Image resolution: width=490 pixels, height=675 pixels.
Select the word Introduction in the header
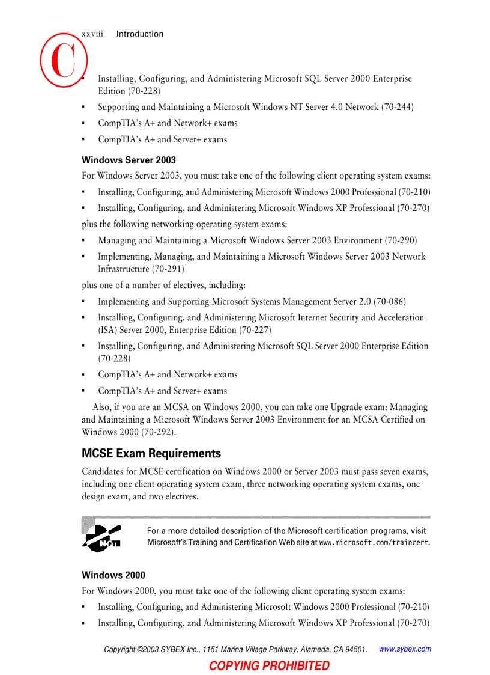tap(139, 34)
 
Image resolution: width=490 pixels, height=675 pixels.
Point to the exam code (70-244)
tap(397, 107)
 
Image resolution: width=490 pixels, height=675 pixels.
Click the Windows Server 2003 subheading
tap(129, 160)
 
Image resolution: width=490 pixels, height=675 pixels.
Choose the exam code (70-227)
tap(255, 330)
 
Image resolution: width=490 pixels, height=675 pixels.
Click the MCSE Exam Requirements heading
tap(151, 453)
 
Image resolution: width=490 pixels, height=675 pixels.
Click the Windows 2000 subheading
tap(113, 575)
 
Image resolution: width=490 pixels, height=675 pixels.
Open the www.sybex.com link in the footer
tap(405, 649)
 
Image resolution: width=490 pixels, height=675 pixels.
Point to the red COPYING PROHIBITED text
tap(269, 665)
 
